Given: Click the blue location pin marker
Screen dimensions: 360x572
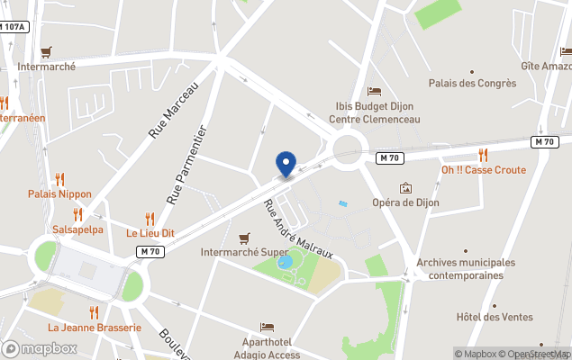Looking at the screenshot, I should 286,164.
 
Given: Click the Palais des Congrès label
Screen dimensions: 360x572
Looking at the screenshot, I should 472,84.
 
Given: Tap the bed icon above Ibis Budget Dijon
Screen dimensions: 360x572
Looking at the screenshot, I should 374,91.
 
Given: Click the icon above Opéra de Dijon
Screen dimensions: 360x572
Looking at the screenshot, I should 406,188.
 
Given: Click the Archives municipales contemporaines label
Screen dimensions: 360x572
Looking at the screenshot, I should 465,268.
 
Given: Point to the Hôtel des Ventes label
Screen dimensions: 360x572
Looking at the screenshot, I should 495,317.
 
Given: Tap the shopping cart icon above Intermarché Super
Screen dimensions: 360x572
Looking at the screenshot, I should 243,238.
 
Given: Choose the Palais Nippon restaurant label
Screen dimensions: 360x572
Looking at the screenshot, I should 59,193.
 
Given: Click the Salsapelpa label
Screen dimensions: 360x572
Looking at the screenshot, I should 77,229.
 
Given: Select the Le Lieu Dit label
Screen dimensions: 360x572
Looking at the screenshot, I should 150,233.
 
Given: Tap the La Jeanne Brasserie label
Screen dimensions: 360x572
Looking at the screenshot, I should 95,328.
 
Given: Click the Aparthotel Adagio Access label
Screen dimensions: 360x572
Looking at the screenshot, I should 270,348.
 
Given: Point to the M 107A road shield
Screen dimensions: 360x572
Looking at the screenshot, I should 13,27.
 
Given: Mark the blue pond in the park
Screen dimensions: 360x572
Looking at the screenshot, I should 286,263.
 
